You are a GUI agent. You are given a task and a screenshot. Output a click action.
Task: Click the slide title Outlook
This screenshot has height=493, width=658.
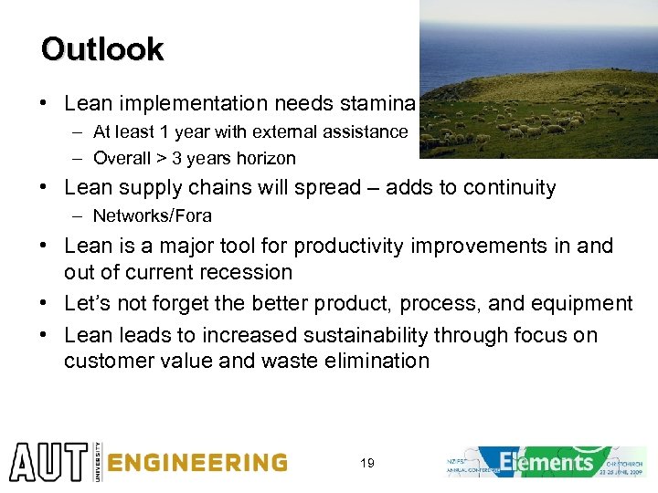101,49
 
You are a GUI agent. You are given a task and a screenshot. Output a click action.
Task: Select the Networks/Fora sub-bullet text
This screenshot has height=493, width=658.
152,216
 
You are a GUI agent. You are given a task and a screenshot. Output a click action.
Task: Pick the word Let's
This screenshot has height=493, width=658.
88,303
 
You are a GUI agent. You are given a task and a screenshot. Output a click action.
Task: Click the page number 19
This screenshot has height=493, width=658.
366,464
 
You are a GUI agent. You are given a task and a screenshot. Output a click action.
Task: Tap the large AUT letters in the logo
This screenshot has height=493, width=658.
46,462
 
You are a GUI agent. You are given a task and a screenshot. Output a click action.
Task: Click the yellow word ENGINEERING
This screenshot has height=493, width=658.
196,463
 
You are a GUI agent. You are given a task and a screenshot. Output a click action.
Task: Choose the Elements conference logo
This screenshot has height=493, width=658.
547,462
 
